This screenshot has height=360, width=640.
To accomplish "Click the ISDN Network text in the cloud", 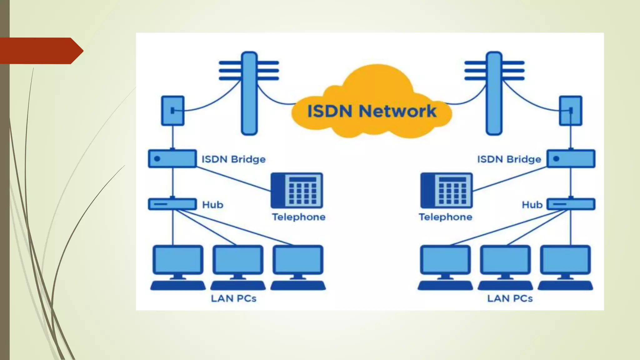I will point(372,111).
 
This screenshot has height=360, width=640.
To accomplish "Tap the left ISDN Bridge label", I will point(233,159).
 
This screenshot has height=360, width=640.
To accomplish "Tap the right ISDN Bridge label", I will point(509,159).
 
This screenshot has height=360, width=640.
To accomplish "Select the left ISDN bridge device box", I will point(172,159).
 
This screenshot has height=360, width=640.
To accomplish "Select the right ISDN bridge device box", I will point(571,159).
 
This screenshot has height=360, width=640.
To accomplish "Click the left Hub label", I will point(213,205).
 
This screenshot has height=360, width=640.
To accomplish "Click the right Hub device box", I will point(571,204).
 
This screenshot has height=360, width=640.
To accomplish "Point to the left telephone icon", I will point(297,191).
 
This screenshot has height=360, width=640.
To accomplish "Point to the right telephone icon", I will point(446,191).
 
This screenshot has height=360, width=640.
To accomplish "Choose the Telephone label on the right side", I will point(445,217).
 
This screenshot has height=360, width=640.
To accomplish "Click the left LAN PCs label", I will point(233,298).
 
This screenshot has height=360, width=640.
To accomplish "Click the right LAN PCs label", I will point(510,298).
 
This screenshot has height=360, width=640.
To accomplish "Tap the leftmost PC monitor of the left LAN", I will point(178,260).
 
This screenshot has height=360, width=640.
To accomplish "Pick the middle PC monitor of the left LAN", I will point(238,260).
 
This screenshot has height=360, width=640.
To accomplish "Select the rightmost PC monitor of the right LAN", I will point(565,260).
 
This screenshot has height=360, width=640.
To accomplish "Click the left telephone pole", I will point(249,94).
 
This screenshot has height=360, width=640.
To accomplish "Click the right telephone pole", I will point(494,94).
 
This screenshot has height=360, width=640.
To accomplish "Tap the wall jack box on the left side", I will point(172,111).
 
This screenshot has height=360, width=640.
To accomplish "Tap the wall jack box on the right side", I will point(571,111).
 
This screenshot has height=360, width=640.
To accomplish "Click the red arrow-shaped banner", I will point(39,51).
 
